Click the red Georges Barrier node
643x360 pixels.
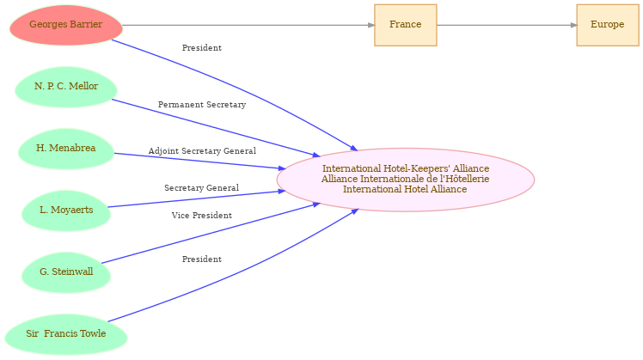[x=66, y=25]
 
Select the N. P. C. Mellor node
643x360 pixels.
[x=66, y=87]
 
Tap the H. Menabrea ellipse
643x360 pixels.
[x=66, y=149]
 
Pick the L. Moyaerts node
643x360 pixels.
[x=66, y=211]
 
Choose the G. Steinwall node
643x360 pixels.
[x=66, y=272]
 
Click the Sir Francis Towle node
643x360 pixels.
[x=66, y=334]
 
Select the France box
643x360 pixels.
[x=406, y=25]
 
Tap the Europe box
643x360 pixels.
[x=608, y=25]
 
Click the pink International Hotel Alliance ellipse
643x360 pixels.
[x=406, y=180]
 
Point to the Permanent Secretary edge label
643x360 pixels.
[x=202, y=105]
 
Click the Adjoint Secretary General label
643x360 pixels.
[x=202, y=151]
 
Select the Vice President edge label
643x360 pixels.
[x=202, y=216]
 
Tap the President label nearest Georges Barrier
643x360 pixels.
[x=202, y=48]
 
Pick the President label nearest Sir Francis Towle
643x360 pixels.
[x=202, y=259]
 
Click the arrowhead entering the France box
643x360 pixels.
[x=371, y=25]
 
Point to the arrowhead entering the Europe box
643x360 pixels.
[x=573, y=25]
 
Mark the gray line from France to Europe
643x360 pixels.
[x=507, y=25]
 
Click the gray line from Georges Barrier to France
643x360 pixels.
[x=248, y=25]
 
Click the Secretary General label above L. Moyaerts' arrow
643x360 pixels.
[x=202, y=188]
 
